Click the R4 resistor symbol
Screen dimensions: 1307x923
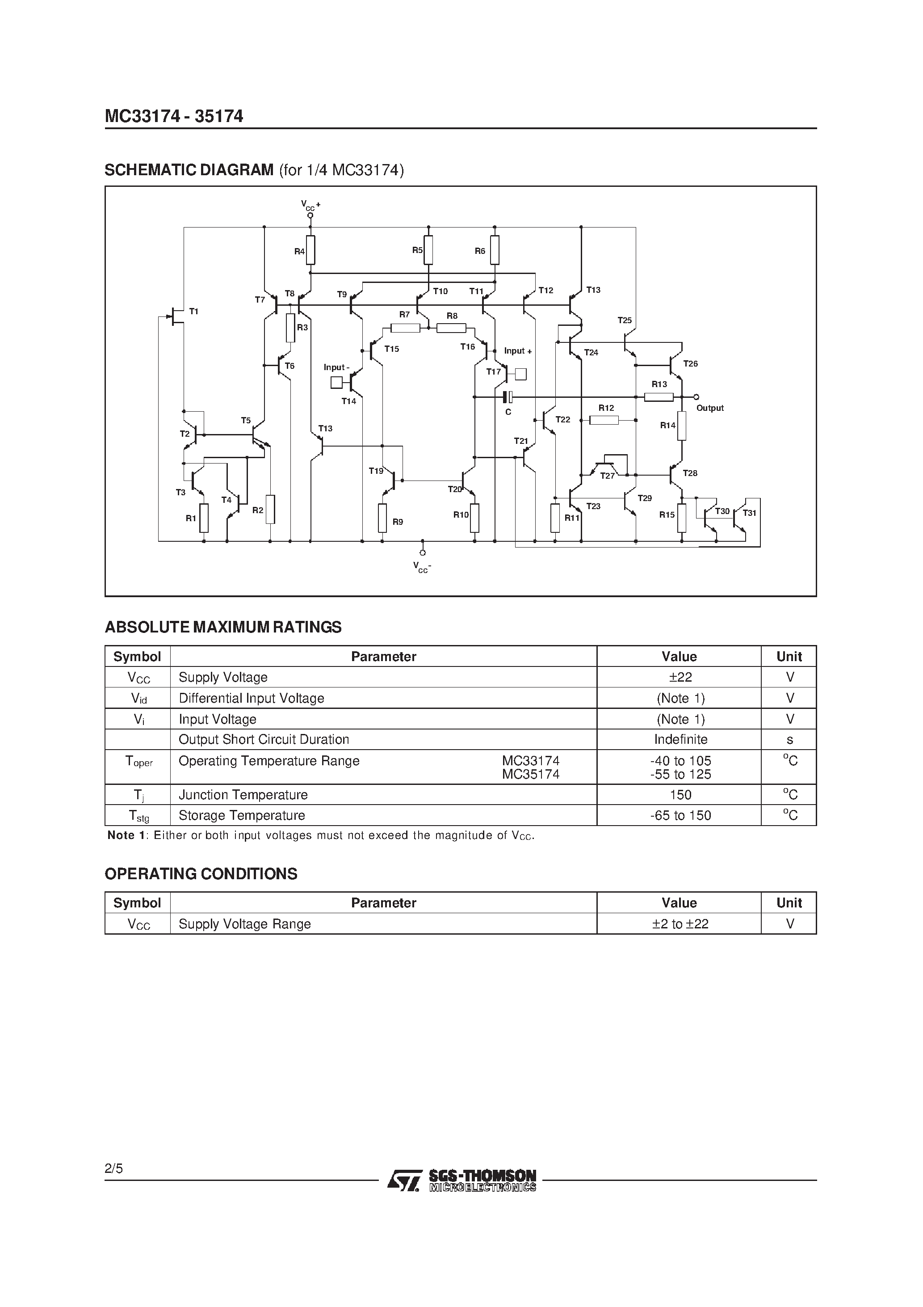point(310,250)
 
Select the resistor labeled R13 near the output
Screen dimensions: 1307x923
point(659,397)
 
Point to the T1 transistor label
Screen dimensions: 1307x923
point(193,312)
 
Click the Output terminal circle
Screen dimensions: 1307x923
point(696,397)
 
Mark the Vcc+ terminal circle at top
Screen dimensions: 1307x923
point(310,216)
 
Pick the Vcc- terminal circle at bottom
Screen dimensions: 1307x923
point(422,552)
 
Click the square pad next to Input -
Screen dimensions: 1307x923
point(336,383)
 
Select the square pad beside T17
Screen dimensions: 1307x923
point(520,374)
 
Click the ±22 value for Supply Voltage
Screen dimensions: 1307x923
point(680,677)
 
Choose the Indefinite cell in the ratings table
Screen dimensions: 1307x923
point(680,739)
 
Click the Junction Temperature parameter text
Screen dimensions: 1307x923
point(243,795)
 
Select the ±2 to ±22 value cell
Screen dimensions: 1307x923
point(680,924)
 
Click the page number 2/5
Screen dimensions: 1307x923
point(114,1169)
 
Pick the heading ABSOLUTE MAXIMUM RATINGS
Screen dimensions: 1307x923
point(223,627)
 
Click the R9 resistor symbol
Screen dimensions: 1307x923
point(382,518)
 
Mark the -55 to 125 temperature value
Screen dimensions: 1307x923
point(680,774)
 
